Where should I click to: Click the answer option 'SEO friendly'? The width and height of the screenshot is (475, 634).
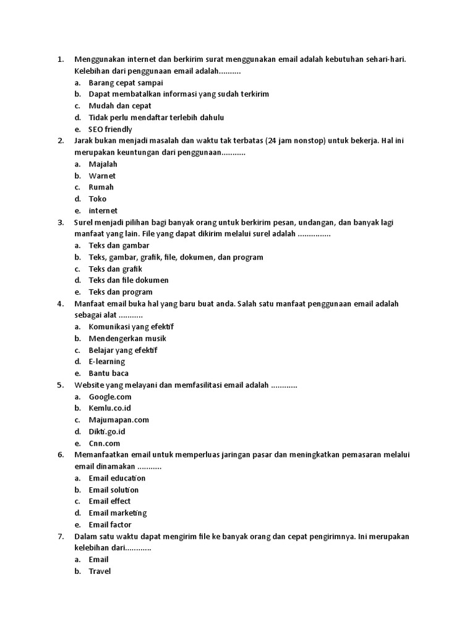(x=110, y=129)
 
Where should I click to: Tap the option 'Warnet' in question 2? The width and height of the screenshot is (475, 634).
(x=102, y=176)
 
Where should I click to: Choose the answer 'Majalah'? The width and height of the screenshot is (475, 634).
(x=103, y=164)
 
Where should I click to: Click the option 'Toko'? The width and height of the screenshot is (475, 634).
(x=98, y=199)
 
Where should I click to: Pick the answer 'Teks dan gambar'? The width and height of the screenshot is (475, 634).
(x=119, y=245)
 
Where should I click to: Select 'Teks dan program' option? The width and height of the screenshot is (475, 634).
(x=121, y=292)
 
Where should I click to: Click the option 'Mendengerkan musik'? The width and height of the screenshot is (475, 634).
(x=127, y=339)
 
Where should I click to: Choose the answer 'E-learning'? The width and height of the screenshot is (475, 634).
(x=107, y=362)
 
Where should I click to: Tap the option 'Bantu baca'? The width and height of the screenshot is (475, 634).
(x=109, y=373)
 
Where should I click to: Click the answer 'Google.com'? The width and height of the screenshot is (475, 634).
(x=110, y=397)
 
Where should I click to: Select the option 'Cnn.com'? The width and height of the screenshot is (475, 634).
(x=105, y=443)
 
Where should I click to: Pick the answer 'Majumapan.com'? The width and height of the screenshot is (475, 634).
(x=119, y=420)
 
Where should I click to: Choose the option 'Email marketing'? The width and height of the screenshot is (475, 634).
(x=118, y=513)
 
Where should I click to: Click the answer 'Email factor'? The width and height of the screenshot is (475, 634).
(x=110, y=525)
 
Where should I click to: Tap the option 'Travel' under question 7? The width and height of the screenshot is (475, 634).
(x=100, y=571)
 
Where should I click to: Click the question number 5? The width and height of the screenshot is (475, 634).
(x=61, y=385)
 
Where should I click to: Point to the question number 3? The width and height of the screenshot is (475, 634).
(x=61, y=222)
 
